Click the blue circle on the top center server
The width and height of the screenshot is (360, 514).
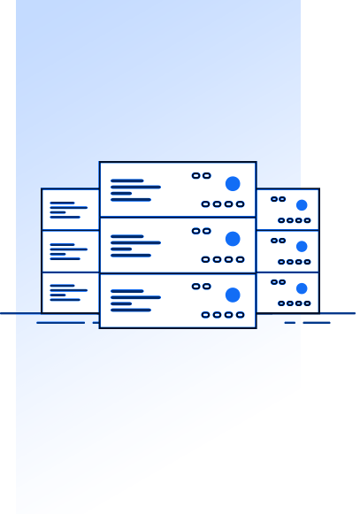[233, 184]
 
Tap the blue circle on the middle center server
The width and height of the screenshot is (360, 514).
[233, 239]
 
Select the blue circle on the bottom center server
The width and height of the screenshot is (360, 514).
[233, 295]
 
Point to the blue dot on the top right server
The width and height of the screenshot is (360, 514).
[302, 205]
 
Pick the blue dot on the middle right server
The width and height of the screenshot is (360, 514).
[302, 247]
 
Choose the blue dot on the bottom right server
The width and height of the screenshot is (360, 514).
[302, 288]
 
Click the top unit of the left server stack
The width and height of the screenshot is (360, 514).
[71, 210]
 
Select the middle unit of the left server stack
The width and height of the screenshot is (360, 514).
[71, 251]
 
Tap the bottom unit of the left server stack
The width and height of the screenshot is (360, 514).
[71, 293]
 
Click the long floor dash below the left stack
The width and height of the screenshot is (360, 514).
[60, 323]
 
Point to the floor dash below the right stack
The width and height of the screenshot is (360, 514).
[316, 323]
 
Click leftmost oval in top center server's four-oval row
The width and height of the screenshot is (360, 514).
[205, 204]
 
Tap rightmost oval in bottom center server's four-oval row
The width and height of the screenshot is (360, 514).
[240, 315]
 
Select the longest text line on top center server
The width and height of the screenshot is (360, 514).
[135, 188]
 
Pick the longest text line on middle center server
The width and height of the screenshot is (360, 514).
[135, 242]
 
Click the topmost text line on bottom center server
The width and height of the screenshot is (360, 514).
[127, 291]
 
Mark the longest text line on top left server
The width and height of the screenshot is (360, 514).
[69, 208]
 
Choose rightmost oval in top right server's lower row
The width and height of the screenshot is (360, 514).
[307, 220]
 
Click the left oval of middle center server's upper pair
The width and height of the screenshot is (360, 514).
[196, 231]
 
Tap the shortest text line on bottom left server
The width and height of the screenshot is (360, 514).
[57, 295]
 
